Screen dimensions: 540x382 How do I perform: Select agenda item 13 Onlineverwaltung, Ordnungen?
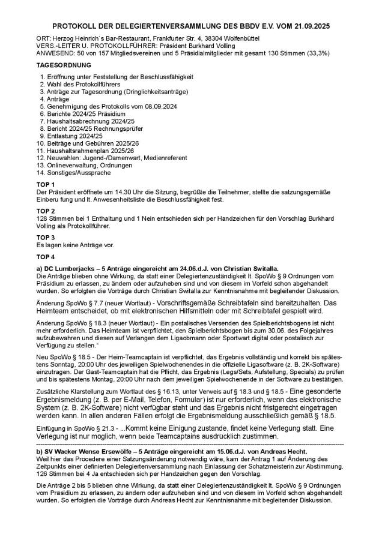[x=88, y=164]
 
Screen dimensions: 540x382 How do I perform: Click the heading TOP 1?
[x=46, y=184]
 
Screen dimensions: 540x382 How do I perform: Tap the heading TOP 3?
[x=46, y=238]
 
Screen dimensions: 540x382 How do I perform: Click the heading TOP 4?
[x=46, y=256]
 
